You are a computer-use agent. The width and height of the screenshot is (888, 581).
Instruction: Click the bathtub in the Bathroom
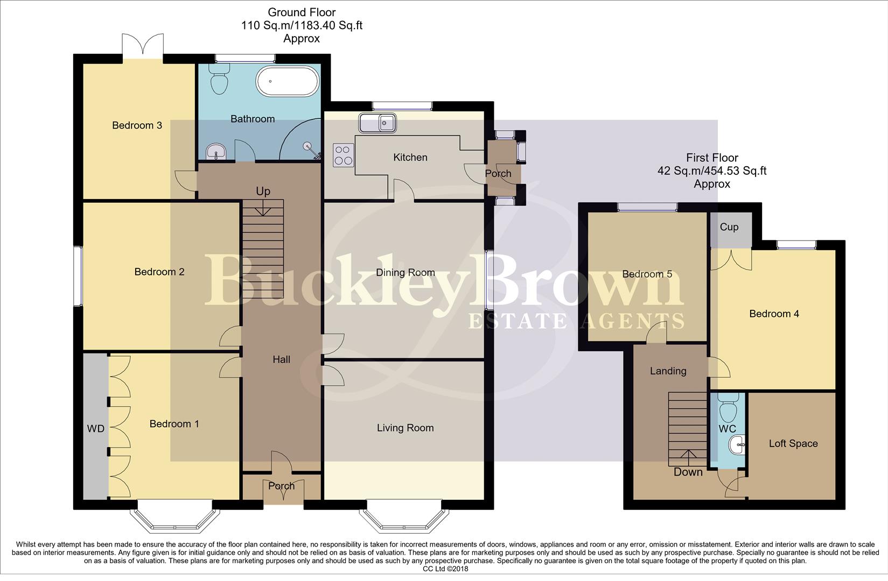(288, 81)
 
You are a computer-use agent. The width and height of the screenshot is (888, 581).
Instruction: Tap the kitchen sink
(377, 122)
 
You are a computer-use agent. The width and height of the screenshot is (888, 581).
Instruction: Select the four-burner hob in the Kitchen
(344, 155)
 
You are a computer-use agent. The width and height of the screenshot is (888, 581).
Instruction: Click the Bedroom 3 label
(137, 125)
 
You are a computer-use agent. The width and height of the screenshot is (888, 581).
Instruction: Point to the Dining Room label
(405, 273)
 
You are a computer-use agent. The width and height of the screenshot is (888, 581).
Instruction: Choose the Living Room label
(405, 428)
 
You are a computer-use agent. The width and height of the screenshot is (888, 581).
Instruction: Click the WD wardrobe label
(95, 429)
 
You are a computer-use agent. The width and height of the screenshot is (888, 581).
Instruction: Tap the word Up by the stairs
(263, 192)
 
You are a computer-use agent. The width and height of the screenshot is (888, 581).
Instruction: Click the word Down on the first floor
(688, 472)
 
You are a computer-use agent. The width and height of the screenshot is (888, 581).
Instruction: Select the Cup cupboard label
(729, 228)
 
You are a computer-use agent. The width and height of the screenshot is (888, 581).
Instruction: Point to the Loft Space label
(793, 444)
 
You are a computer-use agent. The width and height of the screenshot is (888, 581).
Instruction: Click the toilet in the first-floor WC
(728, 408)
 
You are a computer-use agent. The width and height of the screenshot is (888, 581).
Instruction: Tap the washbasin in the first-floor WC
(737, 444)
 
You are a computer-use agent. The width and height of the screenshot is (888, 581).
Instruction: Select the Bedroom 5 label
(647, 274)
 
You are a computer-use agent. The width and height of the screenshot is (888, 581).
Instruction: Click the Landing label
(668, 371)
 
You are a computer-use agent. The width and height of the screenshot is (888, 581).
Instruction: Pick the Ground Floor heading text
(302, 13)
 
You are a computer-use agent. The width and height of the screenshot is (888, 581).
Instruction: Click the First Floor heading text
(712, 158)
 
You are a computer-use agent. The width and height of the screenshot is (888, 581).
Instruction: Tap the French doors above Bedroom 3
(143, 48)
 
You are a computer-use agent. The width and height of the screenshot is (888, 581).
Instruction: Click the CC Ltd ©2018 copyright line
(445, 569)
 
